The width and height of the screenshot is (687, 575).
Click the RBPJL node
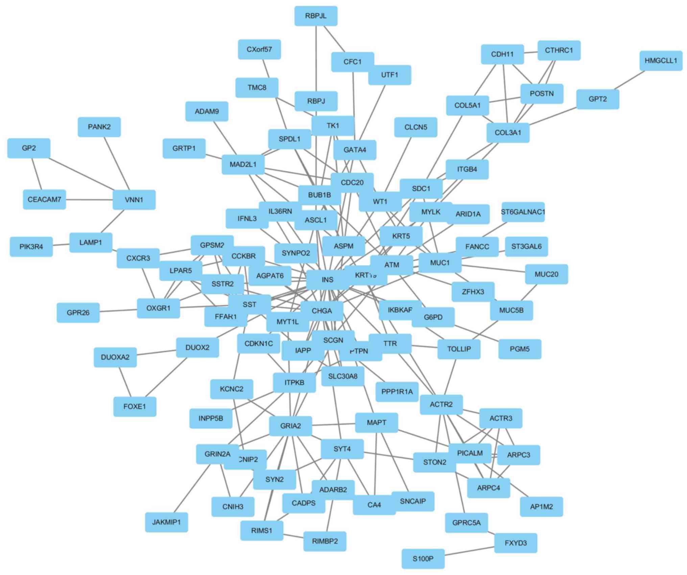[x=316, y=16]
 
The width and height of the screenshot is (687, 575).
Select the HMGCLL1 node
[x=661, y=61]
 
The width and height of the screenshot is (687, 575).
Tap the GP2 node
[x=29, y=148]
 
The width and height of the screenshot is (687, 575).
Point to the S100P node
[x=423, y=558]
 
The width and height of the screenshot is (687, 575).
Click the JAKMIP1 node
[x=166, y=522]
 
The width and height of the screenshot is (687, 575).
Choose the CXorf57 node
[x=259, y=49]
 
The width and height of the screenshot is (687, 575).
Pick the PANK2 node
[x=99, y=127]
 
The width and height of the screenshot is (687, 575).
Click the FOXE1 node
[x=135, y=406]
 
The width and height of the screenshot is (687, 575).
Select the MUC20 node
[x=546, y=274]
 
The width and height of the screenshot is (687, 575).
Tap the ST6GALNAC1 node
[x=523, y=212]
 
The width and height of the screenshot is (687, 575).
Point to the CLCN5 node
[x=416, y=127]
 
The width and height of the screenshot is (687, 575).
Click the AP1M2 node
[x=541, y=507]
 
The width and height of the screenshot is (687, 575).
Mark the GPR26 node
[x=78, y=312]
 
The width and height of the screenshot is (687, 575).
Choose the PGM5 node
[x=520, y=349]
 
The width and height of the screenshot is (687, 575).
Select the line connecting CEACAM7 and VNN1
[x=89, y=199]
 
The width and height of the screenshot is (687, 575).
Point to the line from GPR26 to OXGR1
[x=118, y=310]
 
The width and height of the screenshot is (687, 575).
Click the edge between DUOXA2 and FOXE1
[x=124, y=382]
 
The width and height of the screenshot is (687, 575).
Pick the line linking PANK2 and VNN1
[x=117, y=163]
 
